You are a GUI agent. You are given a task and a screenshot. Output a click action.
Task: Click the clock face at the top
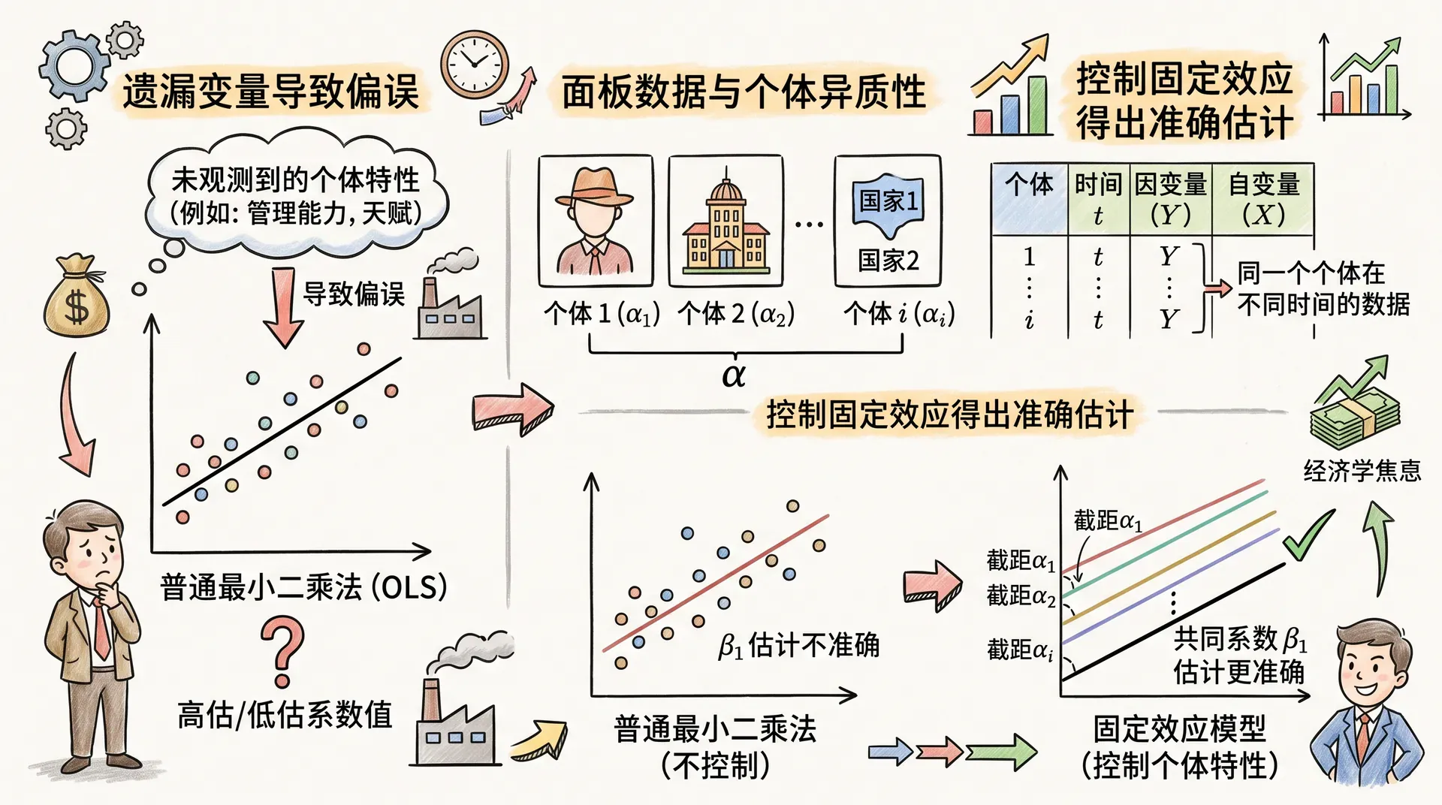tap(474, 64)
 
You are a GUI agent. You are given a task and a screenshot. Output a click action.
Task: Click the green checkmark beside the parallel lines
tap(1307, 534)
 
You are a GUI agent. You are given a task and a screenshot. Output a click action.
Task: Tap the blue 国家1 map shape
tap(888, 200)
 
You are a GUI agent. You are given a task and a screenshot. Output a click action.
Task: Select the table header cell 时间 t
tap(1098, 198)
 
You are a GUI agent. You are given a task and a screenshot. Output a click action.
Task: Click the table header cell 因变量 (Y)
tap(1170, 198)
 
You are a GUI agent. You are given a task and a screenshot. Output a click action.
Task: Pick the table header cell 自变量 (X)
tap(1263, 198)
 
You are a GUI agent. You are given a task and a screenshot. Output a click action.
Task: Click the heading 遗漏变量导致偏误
tap(270, 92)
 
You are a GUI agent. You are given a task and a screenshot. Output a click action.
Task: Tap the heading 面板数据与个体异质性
tap(744, 92)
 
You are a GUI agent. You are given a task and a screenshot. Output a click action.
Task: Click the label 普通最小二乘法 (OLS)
tap(303, 586)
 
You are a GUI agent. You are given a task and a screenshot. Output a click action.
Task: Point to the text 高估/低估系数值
tap(285, 714)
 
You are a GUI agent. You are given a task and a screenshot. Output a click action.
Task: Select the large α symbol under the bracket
tap(733, 374)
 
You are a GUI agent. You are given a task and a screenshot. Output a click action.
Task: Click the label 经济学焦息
tap(1362, 471)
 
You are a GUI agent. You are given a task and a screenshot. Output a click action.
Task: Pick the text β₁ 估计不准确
tap(798, 645)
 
